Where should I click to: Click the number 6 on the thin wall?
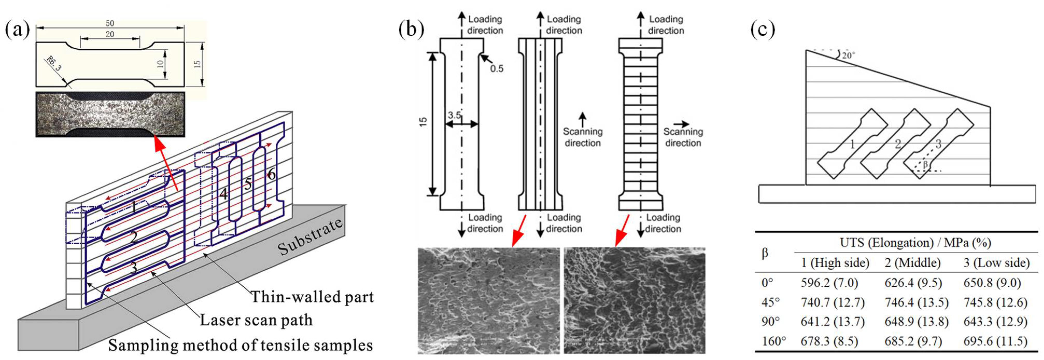271,175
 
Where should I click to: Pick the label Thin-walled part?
312,297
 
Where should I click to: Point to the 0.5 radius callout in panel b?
496,68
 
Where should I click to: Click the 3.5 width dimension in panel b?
454,115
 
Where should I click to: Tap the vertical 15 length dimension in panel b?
423,122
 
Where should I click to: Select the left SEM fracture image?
488,301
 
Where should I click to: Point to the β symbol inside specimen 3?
925,165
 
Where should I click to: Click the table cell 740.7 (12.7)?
833,302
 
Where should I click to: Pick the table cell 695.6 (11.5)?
995,341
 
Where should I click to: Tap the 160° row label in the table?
773,341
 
